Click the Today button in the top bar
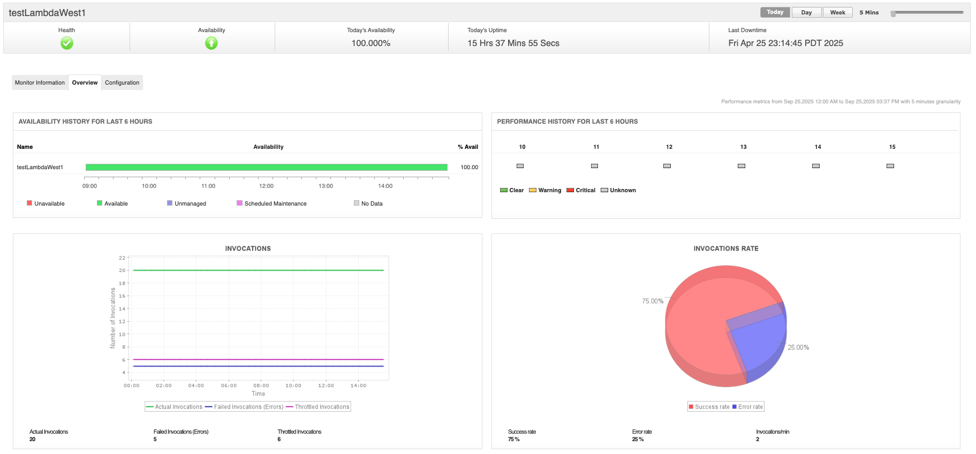[775, 12]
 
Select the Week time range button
[837, 12]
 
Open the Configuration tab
[122, 82]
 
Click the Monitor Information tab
[40, 82]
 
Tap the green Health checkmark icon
[67, 43]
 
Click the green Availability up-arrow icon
[211, 43]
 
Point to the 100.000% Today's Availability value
[370, 43]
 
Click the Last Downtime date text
[785, 43]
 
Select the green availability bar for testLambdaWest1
[266, 167]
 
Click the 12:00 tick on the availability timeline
[266, 186]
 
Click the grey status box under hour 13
[742, 166]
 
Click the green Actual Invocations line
[258, 270]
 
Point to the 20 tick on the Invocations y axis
[122, 270]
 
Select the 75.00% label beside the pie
[653, 301]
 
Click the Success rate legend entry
[709, 407]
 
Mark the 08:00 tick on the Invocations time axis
[261, 385]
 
